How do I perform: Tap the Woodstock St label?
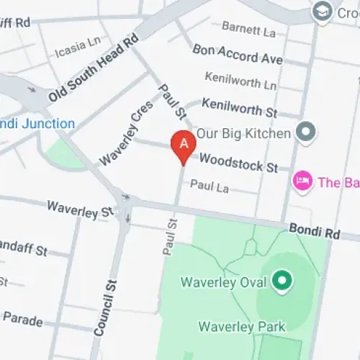[x=238, y=162]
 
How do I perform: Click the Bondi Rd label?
[x=313, y=230]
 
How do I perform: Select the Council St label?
[x=104, y=307]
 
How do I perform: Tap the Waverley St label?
[x=80, y=209]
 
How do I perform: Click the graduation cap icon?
[x=320, y=11]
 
